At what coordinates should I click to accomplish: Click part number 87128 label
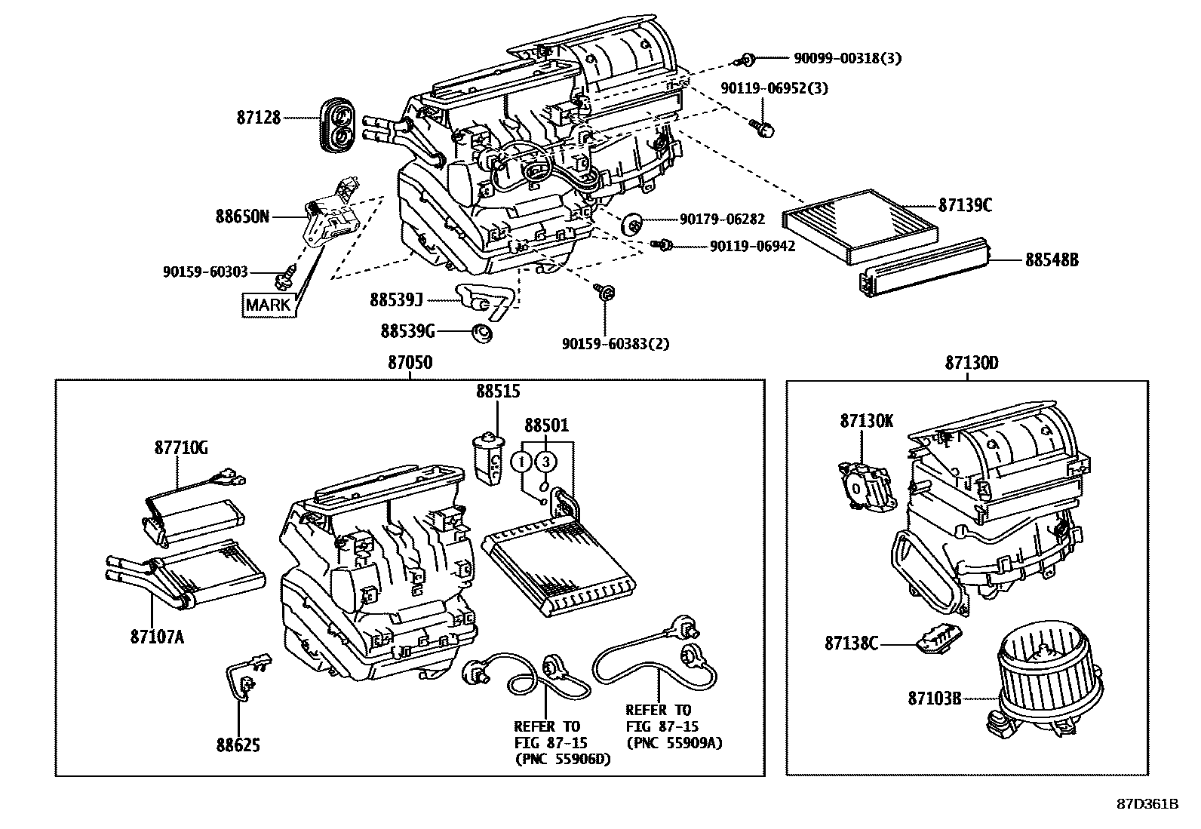258,118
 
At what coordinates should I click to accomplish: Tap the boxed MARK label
268,305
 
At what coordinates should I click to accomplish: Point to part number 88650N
241,217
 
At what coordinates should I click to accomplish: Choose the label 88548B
1052,260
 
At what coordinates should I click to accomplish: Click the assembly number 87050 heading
410,363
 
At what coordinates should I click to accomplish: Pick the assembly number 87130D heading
972,363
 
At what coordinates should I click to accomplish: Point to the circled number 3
547,461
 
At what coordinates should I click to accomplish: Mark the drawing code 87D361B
1147,803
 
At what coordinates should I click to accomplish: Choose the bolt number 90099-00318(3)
847,58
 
